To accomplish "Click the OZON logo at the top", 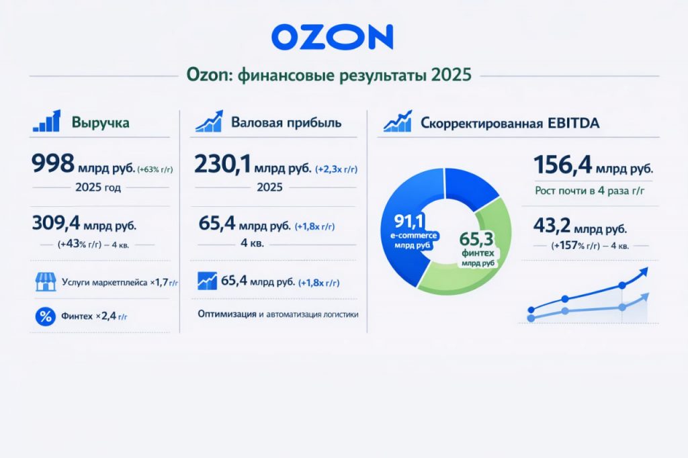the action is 332,37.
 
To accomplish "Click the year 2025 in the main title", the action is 451,75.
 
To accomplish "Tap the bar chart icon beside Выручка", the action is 46,121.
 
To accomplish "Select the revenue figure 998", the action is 52,164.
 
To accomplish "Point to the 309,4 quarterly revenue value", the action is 56,223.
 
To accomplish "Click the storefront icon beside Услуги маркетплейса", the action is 46,282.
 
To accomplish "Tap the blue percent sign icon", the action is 46,316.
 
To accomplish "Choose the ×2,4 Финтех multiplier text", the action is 112,316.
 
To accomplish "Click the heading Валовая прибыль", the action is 286,122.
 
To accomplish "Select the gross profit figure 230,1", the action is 222,165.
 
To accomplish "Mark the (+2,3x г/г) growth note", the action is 336,169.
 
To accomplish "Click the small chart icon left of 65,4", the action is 207,281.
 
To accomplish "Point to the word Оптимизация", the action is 227,314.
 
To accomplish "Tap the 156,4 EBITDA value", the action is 562,165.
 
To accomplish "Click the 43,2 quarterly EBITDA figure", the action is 552,226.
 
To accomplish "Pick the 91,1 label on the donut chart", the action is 408,221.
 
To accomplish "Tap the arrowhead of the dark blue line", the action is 643,272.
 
